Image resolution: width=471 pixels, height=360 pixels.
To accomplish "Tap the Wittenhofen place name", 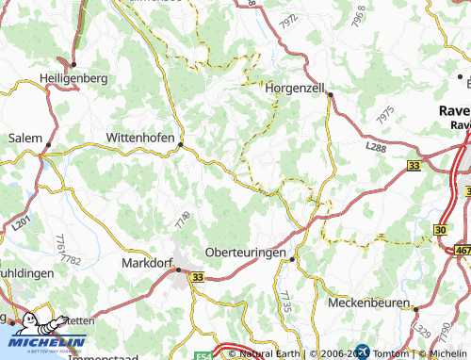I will pos(140,138).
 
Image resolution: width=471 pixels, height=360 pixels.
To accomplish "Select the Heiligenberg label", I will pos(73,78).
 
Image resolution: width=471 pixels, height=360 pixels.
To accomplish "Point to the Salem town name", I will pos(24,138).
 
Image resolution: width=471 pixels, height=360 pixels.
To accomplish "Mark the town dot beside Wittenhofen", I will pos(182,145).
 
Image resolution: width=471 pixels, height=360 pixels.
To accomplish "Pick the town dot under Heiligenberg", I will pos(73,64).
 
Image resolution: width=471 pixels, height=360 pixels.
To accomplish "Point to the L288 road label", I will pos(375,149).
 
